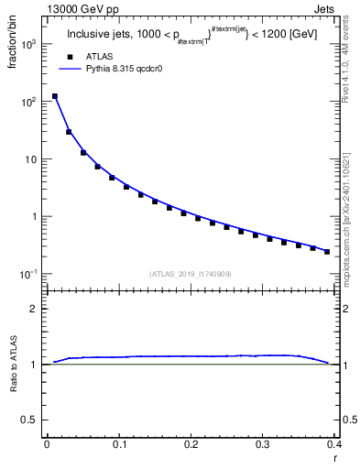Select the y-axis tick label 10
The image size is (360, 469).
[30, 159]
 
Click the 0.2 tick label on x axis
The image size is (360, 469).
[191, 444]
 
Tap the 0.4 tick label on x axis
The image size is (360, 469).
[334, 444]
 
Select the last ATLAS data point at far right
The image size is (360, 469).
[327, 251]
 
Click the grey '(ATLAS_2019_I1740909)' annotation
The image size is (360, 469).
[191, 274]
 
